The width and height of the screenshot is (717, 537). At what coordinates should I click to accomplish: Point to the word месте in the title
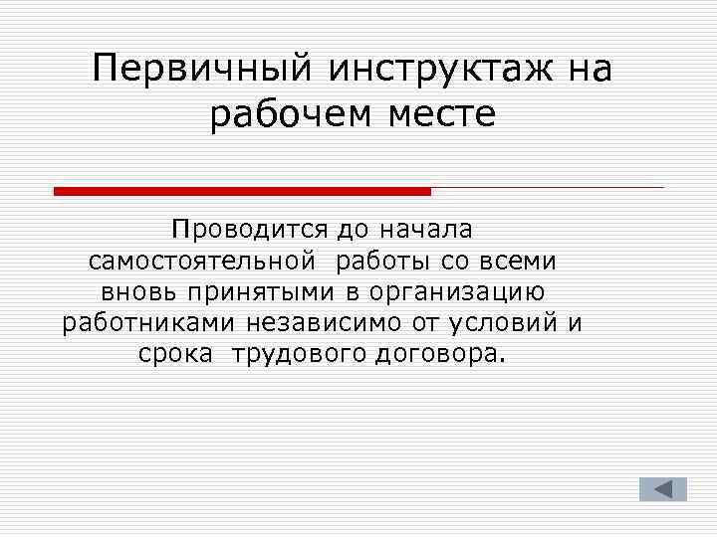click(442, 116)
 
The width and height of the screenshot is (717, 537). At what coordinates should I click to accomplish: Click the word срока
click(175, 355)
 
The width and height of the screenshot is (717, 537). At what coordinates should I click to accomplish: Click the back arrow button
click(663, 489)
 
